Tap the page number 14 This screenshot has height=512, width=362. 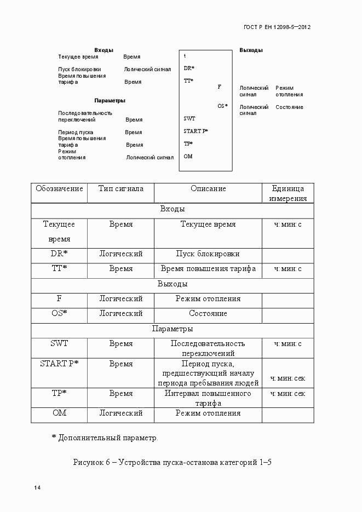pos(37,488)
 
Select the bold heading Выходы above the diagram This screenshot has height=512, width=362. pos(251,50)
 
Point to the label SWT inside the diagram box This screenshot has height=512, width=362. pos(189,118)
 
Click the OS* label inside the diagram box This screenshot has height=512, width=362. pos(222,106)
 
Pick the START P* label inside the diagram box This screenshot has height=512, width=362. pos(196,131)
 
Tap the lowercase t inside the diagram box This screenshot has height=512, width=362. pos(185,56)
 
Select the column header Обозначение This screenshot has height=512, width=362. pos(59,188)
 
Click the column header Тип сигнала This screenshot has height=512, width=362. pos(121,188)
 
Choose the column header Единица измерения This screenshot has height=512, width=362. pos(288,193)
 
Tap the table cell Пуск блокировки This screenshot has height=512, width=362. pos(208,254)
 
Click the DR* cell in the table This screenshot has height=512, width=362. pos(59,254)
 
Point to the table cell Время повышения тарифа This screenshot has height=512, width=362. pos(208,269)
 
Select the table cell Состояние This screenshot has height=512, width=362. pos(208,314)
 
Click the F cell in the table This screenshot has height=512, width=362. pos(59,299)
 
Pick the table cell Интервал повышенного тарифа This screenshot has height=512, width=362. pos(208,398)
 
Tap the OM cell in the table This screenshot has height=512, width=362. pos(59,413)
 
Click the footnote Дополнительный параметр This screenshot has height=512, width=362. pos(105,438)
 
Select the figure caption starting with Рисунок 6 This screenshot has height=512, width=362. pos(173,462)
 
